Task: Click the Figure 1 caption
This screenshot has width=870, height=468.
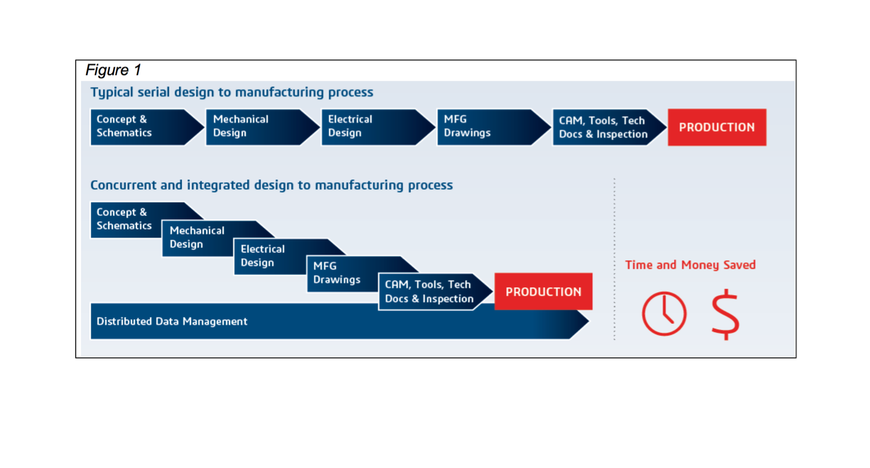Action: point(113,70)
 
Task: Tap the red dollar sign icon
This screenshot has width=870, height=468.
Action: point(725,314)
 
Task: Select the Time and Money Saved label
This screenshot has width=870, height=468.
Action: point(690,265)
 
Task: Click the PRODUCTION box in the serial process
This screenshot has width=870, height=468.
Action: point(717,127)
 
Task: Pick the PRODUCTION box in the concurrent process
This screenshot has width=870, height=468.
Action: point(543,291)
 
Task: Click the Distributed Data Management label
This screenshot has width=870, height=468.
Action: point(172,321)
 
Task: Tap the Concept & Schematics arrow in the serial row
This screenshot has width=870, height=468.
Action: point(147,127)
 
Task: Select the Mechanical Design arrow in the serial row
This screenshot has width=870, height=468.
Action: point(263,127)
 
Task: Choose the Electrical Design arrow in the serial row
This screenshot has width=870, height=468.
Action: point(379,127)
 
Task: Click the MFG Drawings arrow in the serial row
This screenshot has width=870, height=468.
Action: point(494,127)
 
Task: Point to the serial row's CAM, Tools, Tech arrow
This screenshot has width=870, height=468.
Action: point(609,127)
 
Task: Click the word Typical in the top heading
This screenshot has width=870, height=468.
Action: point(112,93)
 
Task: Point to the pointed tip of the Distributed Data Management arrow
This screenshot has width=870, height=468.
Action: point(589,321)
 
